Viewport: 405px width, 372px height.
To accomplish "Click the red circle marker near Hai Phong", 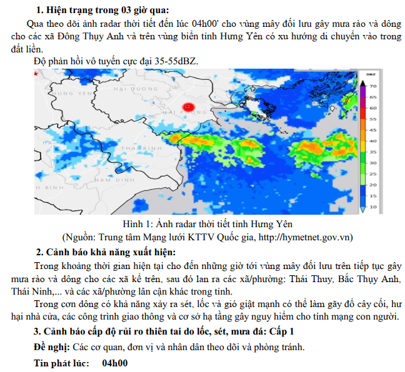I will [x=189, y=107].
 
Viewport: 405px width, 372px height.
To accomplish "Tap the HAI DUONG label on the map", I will [x=136, y=90].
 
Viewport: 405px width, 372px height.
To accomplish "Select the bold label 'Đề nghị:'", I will [x=52, y=346].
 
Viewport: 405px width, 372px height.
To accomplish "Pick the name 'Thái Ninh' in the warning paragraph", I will [x=30, y=291].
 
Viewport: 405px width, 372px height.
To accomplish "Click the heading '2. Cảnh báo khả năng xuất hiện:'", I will [x=106, y=252].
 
